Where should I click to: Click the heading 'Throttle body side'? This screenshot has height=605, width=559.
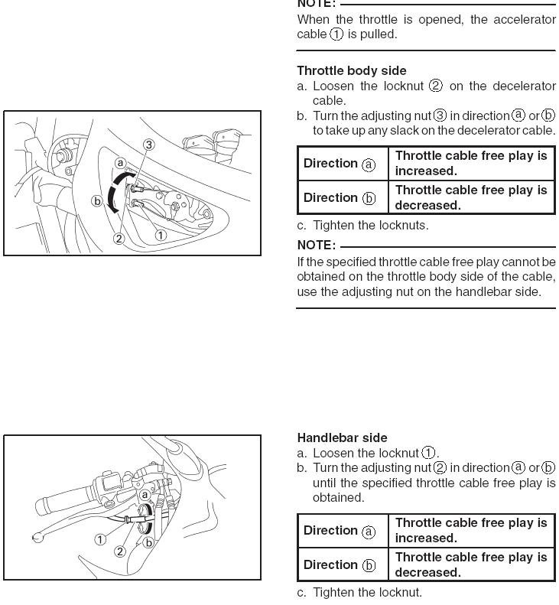pyautogui.click(x=351, y=70)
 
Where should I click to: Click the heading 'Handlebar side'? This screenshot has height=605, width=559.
pyautogui.click(x=342, y=437)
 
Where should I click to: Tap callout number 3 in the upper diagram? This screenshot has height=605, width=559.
pyautogui.click(x=148, y=145)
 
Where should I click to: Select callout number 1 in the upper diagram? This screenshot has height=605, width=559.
pyautogui.click(x=161, y=235)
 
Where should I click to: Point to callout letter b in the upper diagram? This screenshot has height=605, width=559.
pyautogui.click(x=97, y=201)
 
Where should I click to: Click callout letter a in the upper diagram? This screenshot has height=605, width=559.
pyautogui.click(x=120, y=163)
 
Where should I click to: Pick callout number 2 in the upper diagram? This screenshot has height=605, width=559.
pyautogui.click(x=119, y=239)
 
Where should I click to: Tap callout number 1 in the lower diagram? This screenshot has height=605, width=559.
pyautogui.click(x=100, y=539)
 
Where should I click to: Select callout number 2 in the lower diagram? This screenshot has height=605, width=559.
pyautogui.click(x=120, y=551)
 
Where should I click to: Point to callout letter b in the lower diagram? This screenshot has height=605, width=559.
pyautogui.click(x=149, y=542)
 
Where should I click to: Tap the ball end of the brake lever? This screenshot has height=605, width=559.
pyautogui.click(x=37, y=538)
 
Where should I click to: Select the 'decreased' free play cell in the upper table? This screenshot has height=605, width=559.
pyautogui.click(x=471, y=197)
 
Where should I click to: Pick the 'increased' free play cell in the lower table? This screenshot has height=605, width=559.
pyautogui.click(x=471, y=530)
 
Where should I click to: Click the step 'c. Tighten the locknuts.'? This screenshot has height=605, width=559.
pyautogui.click(x=362, y=225)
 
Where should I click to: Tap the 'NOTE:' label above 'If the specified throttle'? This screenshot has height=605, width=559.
pyautogui.click(x=316, y=245)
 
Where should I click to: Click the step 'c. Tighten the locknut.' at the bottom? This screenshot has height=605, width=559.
pyautogui.click(x=359, y=592)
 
